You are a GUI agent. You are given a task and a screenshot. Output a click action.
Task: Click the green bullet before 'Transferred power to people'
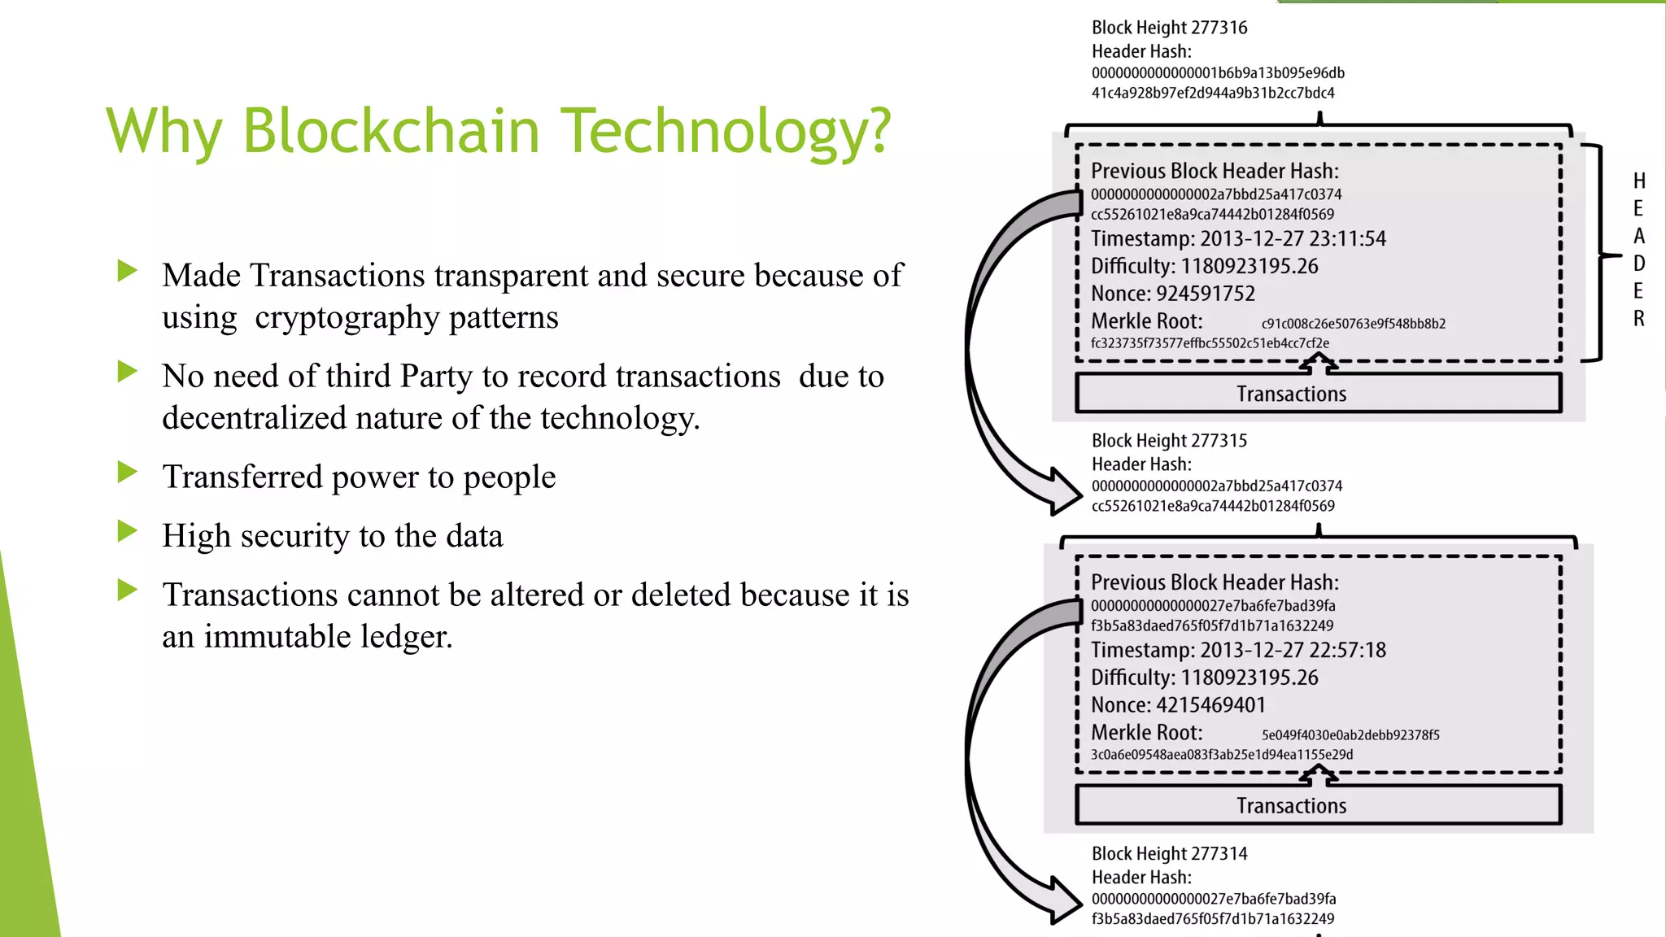(127, 473)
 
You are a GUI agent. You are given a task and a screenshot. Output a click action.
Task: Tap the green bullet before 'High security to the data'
(127, 532)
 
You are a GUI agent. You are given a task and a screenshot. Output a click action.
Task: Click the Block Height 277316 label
(1169, 28)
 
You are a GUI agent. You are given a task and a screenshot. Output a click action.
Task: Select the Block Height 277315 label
(1169, 441)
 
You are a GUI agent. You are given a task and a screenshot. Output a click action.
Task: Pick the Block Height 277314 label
(1169, 854)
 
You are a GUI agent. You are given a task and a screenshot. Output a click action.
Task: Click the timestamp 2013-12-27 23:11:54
(1293, 239)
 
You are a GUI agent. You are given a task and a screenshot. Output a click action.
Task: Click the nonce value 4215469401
(1210, 705)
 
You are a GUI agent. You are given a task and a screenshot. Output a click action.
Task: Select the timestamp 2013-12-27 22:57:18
(1293, 651)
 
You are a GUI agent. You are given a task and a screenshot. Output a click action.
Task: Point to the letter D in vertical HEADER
(1639, 264)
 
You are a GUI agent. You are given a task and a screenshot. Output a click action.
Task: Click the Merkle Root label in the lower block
(1146, 733)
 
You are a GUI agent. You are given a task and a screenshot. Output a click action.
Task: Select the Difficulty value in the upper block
(1249, 267)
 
